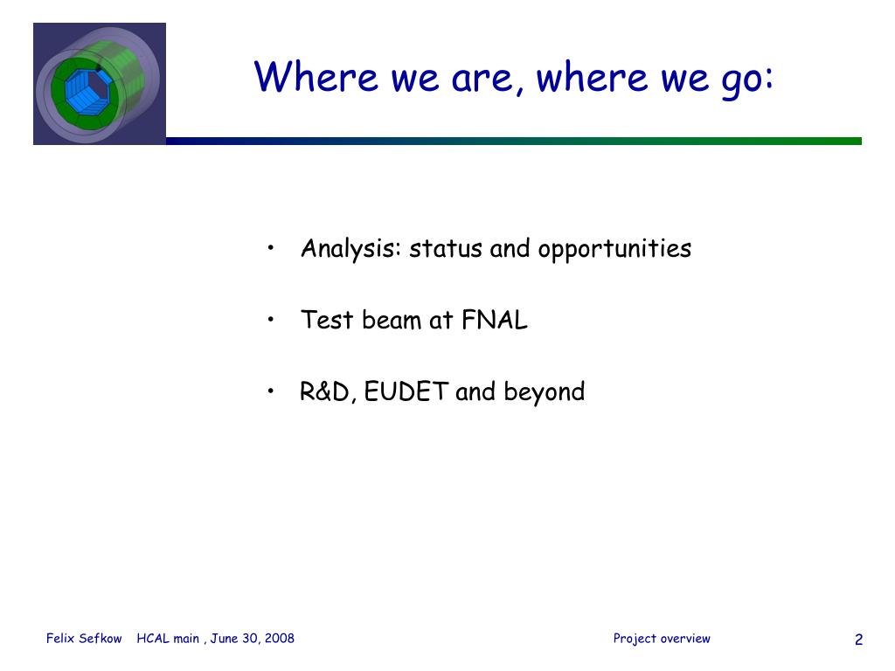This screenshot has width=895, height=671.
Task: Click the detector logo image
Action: pyautogui.click(x=100, y=84)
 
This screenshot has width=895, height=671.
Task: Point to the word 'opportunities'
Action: pyautogui.click(x=614, y=250)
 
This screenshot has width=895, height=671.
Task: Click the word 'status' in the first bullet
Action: pyautogui.click(x=446, y=249)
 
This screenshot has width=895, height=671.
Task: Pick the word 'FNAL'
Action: pyautogui.click(x=495, y=320)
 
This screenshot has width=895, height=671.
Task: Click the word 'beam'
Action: pyautogui.click(x=392, y=320)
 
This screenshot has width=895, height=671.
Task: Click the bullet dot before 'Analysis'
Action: pyautogui.click(x=271, y=247)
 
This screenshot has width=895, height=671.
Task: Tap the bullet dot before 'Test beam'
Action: pyautogui.click(x=271, y=319)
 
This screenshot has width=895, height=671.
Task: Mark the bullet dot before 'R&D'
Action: pyautogui.click(x=271, y=391)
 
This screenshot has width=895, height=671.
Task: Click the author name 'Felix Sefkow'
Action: pyautogui.click(x=84, y=639)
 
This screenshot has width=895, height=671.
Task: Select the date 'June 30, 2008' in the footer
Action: pyautogui.click(x=253, y=639)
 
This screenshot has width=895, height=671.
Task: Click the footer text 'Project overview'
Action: pyautogui.click(x=662, y=639)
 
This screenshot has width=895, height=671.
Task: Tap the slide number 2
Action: pyautogui.click(x=858, y=640)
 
